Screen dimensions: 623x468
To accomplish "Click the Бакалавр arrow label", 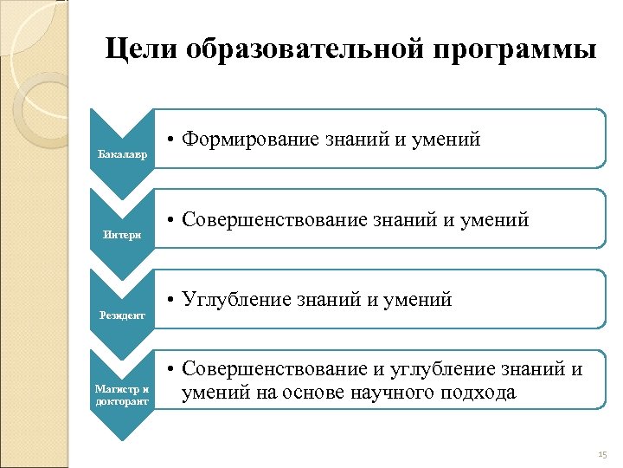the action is [122, 154].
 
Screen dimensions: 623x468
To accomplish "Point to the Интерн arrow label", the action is [121, 235].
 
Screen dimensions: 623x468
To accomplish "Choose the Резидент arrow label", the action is [122, 315].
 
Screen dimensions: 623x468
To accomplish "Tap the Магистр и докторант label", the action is [122, 395].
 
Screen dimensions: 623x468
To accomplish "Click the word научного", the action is [404, 393].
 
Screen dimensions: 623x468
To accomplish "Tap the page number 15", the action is [603, 455].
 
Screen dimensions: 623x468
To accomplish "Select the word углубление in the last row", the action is [429, 370].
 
